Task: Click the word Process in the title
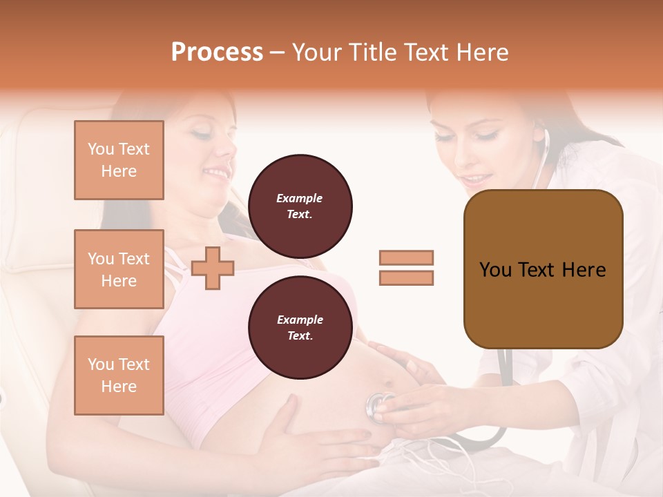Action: pyautogui.click(x=217, y=52)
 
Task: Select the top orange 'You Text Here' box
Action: pyautogui.click(x=119, y=160)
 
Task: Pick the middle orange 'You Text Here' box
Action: pyautogui.click(x=119, y=269)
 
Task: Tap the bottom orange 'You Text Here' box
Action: pyautogui.click(x=119, y=376)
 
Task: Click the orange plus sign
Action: pyautogui.click(x=213, y=268)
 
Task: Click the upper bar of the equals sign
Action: pyautogui.click(x=406, y=257)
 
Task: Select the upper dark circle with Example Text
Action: pyautogui.click(x=300, y=206)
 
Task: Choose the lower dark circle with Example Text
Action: pyautogui.click(x=300, y=327)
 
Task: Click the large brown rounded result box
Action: pyautogui.click(x=543, y=269)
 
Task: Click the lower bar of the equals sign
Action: pyautogui.click(x=406, y=277)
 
